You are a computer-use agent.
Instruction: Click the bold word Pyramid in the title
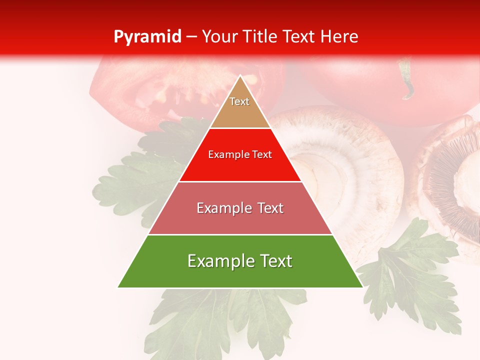(x=147, y=37)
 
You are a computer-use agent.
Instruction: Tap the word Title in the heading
(x=261, y=37)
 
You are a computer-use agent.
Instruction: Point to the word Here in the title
(x=339, y=37)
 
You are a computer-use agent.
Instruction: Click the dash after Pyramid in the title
(x=191, y=37)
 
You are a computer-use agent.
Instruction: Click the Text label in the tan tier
(x=239, y=101)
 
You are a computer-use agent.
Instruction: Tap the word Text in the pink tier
(x=267, y=208)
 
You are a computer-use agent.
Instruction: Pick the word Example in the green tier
(x=218, y=261)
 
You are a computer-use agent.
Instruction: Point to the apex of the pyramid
(x=240, y=76)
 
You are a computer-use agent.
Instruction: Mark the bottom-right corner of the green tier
(x=362, y=287)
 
